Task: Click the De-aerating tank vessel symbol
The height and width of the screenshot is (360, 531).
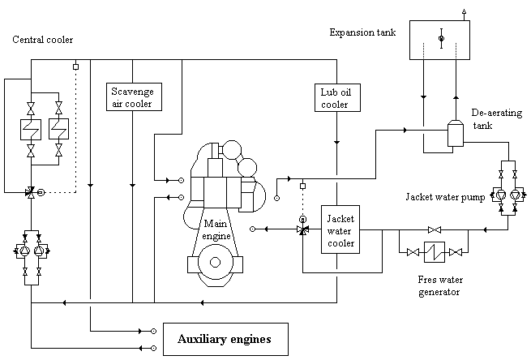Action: (x=456, y=133)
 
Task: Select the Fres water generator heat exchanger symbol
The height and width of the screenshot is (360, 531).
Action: (x=435, y=252)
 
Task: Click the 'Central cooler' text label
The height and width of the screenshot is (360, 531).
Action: (x=43, y=40)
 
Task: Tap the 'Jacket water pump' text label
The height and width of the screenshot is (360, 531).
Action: (x=445, y=197)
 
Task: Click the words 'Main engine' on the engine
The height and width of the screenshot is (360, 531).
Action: (x=216, y=229)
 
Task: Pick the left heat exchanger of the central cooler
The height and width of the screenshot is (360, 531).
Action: (x=31, y=130)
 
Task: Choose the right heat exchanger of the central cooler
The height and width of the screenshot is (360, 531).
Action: (x=58, y=129)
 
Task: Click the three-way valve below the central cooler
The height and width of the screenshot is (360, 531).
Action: (x=31, y=192)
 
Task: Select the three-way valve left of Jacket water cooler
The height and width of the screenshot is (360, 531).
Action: (x=302, y=229)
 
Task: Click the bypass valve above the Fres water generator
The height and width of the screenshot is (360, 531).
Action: (x=435, y=230)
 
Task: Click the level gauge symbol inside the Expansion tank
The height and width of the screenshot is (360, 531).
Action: (x=441, y=38)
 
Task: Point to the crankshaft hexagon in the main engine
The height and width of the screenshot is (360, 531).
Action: (x=215, y=262)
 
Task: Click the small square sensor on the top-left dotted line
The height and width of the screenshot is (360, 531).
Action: (x=76, y=67)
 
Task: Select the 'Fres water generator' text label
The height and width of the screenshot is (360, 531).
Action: (x=440, y=286)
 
